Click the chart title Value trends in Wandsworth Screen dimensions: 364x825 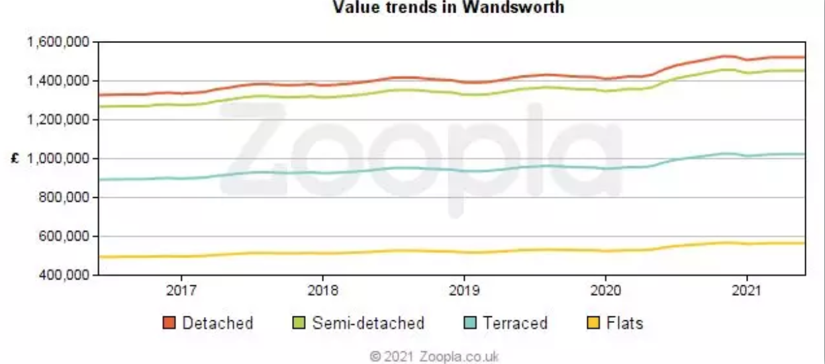448,7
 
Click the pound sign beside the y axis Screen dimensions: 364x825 13,159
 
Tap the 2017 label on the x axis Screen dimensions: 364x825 181,291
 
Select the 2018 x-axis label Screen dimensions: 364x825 322,291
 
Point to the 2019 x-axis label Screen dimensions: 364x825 463,291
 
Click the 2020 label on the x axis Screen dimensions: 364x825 605,291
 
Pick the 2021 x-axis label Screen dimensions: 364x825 746,291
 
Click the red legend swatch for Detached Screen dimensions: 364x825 169,323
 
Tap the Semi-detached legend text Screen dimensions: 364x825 367,323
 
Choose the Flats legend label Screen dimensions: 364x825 624,323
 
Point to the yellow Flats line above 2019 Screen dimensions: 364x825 463,252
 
